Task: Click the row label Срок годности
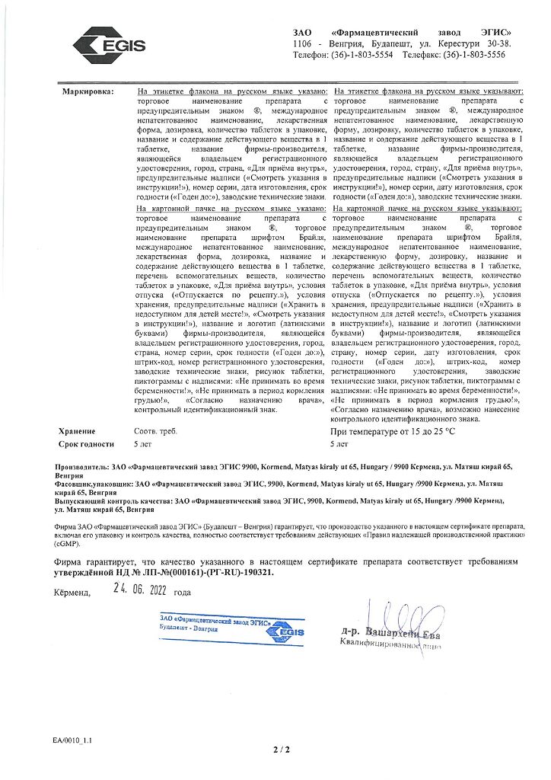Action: (x=86, y=443)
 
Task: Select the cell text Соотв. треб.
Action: (x=154, y=431)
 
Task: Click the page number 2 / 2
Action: (x=281, y=750)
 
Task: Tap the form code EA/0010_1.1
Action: (x=72, y=740)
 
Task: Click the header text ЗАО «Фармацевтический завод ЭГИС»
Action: (x=402, y=34)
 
